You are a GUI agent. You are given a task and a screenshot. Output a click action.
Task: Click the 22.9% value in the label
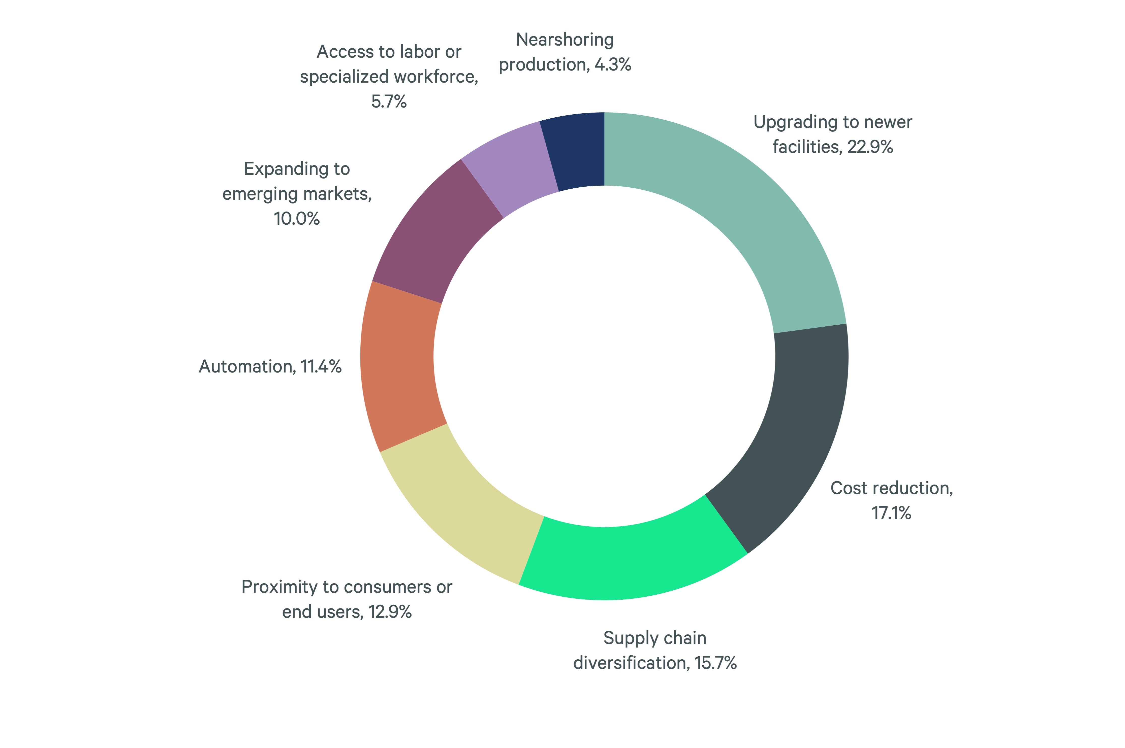(x=870, y=147)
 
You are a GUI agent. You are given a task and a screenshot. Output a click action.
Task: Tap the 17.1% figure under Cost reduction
(x=891, y=513)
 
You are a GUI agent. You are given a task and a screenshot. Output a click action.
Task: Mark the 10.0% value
(x=296, y=219)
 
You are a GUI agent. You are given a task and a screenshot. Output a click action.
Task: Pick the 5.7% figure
(x=389, y=101)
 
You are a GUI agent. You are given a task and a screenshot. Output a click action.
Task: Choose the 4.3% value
(x=613, y=64)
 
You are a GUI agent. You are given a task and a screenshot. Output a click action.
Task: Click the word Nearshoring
(x=565, y=40)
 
